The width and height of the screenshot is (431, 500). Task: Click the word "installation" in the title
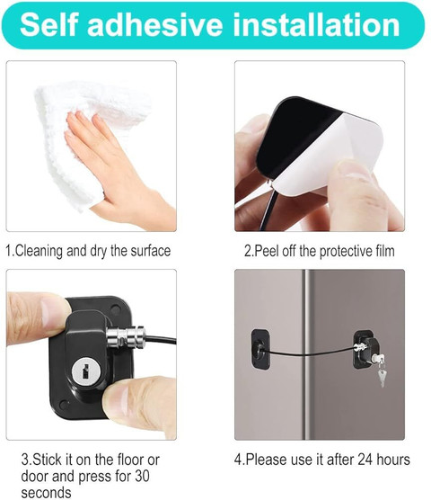[316, 24]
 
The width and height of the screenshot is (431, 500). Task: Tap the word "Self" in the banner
[48, 24]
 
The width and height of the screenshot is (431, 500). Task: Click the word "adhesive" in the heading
[155, 24]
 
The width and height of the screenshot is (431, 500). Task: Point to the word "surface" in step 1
[151, 251]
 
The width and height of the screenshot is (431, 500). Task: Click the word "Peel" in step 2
[267, 251]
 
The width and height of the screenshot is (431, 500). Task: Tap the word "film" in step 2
[384, 251]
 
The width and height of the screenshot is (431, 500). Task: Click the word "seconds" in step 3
[46, 493]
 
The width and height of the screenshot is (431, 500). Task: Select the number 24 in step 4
[365, 460]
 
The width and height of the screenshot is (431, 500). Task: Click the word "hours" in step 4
[393, 460]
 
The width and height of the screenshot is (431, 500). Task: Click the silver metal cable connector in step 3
[126, 337]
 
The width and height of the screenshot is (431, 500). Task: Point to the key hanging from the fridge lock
[381, 373]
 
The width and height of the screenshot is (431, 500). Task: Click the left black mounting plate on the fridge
[260, 349]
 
